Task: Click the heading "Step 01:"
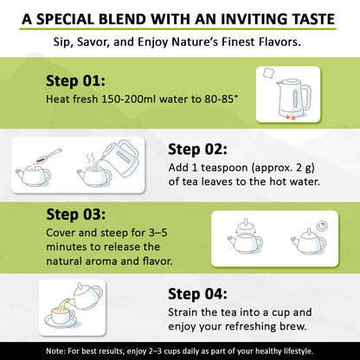75,81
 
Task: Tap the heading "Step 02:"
197,150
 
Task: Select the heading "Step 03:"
76,215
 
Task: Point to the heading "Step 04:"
197,294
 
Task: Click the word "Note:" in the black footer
55,351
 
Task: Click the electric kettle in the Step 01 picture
292,98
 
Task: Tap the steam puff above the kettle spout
268,73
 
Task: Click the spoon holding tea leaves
49,156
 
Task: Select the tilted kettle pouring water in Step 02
120,158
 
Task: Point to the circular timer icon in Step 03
322,227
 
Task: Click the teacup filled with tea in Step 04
62,315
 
